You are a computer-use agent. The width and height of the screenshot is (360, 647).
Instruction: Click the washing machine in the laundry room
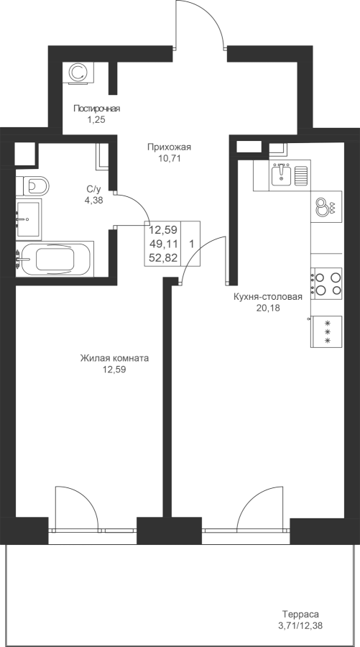point(78,73)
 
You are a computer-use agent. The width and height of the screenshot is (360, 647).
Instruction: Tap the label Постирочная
point(96,109)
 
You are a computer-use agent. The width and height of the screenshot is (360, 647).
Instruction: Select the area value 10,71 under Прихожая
point(170,157)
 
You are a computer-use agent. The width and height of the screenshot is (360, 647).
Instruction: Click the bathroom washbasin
point(29,219)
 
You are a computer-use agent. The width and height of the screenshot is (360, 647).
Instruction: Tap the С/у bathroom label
point(93,189)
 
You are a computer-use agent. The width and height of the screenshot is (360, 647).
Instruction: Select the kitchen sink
point(290,175)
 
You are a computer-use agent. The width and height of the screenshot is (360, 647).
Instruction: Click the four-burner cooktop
point(327,283)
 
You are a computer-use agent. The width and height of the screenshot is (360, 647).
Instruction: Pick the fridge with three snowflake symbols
point(327,331)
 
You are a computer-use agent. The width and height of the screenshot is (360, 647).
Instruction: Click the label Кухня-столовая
point(268,297)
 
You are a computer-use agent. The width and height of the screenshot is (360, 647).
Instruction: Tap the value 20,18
point(268,308)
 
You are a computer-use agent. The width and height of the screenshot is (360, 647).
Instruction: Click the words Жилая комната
point(114,358)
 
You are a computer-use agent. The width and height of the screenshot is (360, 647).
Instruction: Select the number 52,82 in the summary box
point(163,258)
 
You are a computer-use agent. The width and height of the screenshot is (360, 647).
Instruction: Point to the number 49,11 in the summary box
point(163,244)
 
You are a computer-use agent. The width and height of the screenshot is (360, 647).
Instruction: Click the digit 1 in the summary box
point(192,244)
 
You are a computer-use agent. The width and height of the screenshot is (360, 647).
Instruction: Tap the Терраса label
point(300,615)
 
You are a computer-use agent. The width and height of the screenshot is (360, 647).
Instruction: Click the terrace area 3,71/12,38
point(300,626)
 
